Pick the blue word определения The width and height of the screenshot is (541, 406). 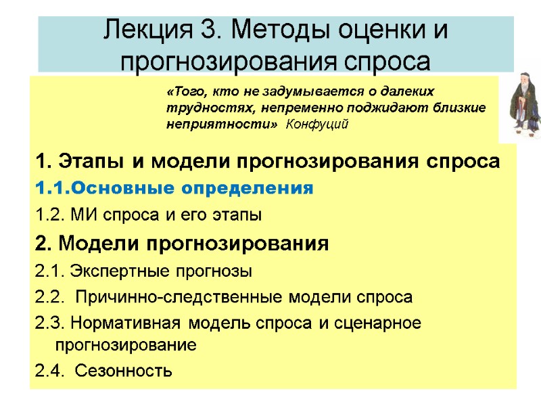point(250,188)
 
